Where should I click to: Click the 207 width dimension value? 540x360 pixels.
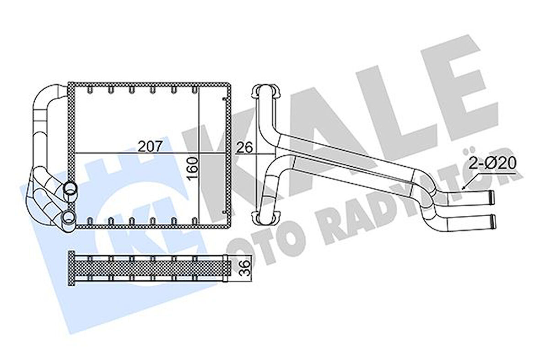[x=151, y=147]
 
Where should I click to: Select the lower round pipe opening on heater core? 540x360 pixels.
[x=68, y=217]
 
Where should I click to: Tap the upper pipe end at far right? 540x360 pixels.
[x=491, y=197]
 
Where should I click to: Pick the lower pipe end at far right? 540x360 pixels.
[x=491, y=221]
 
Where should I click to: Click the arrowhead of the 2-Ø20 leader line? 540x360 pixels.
[x=463, y=188]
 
